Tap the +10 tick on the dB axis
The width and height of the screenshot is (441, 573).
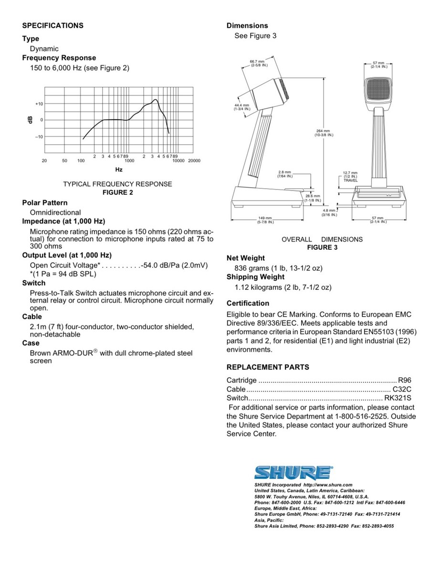coord(39,104)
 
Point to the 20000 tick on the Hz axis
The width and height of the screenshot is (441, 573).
coord(194,161)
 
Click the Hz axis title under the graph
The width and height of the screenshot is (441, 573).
coord(119,170)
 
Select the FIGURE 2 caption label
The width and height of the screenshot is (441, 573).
coord(118,192)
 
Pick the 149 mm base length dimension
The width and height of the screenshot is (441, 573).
coord(265,220)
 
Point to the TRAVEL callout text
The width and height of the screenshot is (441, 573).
coord(350,181)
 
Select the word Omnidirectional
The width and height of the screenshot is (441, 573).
coord(55,212)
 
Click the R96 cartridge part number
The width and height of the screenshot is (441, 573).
coord(404,381)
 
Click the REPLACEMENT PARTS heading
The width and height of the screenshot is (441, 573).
coord(268,367)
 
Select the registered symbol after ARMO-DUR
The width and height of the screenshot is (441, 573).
coord(95,351)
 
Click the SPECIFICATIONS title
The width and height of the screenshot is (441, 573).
coord(53,26)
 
